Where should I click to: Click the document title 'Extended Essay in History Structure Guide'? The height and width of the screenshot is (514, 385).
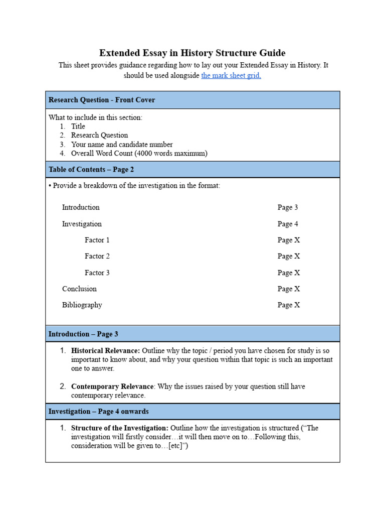tap(192, 53)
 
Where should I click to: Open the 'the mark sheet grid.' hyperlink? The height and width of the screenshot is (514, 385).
tap(231, 76)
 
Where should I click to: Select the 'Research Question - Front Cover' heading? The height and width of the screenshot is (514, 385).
tap(102, 100)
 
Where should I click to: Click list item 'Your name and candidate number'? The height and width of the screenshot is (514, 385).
tap(122, 145)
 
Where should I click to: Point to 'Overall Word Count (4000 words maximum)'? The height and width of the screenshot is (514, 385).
tap(139, 154)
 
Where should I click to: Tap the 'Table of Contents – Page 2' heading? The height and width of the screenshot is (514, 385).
tap(91, 170)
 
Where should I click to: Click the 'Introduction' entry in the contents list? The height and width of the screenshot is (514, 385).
tap(81, 207)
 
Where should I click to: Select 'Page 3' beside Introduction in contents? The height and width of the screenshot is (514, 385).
tap(288, 207)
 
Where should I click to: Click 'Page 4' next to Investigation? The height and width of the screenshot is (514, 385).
tap(288, 224)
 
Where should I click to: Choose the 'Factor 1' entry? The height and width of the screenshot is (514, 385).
tap(97, 240)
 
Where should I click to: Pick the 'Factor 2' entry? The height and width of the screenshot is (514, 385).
tap(97, 256)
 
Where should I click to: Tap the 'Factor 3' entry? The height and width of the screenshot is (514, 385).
tap(97, 273)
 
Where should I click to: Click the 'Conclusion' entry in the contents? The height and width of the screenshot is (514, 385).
tap(79, 289)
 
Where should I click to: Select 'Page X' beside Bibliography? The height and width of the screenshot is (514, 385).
tap(289, 305)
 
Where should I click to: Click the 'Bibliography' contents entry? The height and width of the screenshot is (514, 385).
tap(82, 305)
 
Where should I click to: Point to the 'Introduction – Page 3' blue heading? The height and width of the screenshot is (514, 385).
tap(83, 334)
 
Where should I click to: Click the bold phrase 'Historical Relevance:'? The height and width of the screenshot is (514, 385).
tap(105, 351)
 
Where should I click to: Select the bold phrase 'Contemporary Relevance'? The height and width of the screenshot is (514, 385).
tap(112, 387)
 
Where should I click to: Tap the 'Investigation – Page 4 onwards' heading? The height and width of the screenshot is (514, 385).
tap(99, 412)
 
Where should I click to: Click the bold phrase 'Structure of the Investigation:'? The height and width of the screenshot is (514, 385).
tap(120, 428)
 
